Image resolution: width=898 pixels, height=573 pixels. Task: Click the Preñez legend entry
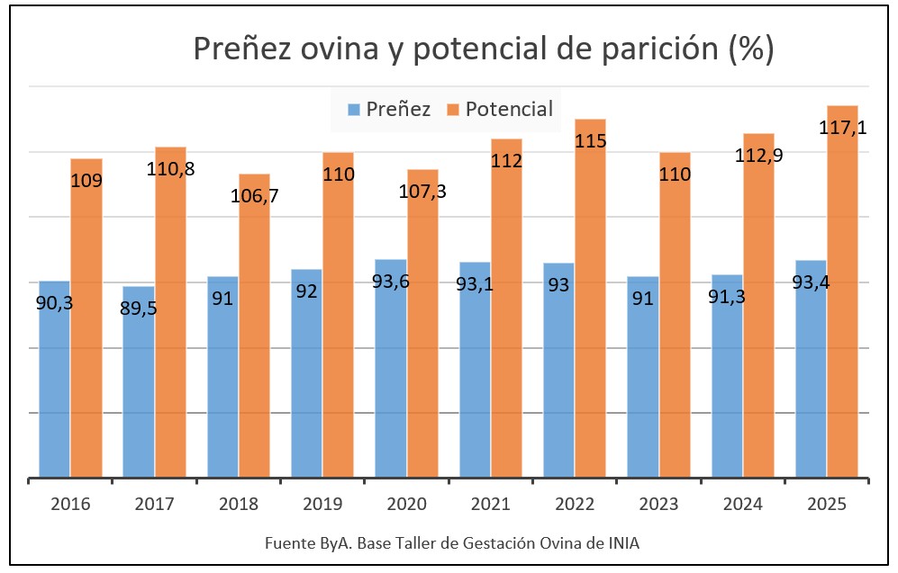coord(389,110)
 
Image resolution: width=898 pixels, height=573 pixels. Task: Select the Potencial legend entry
coord(499,110)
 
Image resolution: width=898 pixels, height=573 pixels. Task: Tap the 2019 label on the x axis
coord(322,504)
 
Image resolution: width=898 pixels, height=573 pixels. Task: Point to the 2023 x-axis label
coord(658,504)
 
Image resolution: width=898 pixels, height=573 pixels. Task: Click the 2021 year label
coord(490,504)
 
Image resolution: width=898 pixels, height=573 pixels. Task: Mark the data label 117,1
coord(843,129)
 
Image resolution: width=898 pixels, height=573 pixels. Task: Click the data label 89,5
coord(138,308)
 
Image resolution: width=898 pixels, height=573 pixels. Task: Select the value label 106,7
coord(253,195)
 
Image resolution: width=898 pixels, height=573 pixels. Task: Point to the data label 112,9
coord(758,156)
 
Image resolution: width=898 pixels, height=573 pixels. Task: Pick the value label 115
coord(590,141)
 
